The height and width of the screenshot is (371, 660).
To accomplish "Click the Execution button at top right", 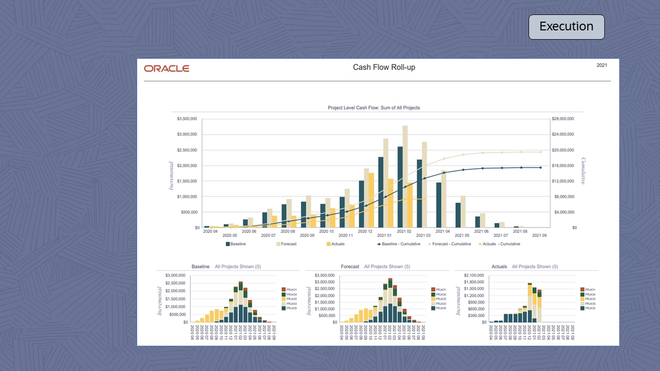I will [x=566, y=27].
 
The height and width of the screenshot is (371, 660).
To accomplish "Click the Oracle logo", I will [x=167, y=69].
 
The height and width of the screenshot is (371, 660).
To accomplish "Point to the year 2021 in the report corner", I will [x=602, y=65].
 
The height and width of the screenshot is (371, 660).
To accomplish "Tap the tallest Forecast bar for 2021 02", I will [x=405, y=175].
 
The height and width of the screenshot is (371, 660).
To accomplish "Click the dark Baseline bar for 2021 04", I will [x=439, y=205].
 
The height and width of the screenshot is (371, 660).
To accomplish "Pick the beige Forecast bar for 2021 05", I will [x=463, y=211].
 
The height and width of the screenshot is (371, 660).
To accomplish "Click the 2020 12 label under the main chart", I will [x=365, y=232].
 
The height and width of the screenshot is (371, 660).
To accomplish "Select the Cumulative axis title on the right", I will [x=584, y=171].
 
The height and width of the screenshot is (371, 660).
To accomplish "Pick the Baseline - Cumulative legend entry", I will [x=400, y=244].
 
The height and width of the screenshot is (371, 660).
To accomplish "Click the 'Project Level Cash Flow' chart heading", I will [x=374, y=108].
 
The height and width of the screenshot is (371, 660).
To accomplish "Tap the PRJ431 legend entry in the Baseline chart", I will [x=292, y=290].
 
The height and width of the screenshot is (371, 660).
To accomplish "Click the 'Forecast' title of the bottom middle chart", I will [x=350, y=267].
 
